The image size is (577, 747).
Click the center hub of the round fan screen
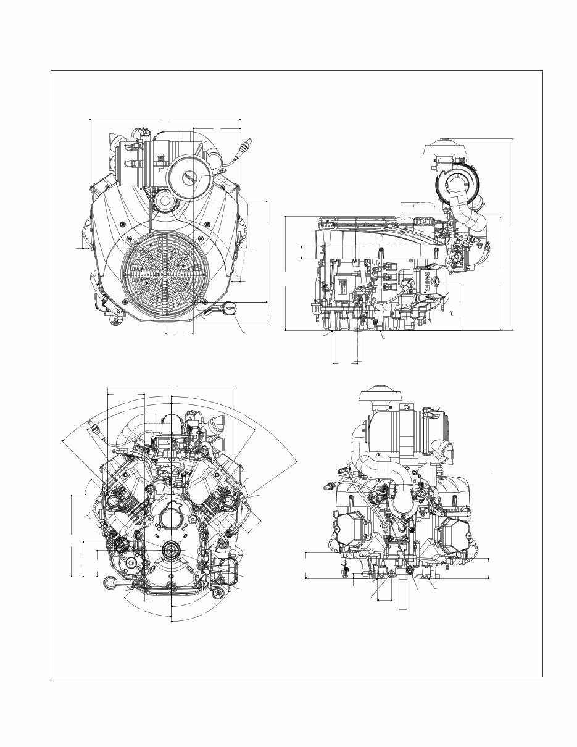[x=165, y=273]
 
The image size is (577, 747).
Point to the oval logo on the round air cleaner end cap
[x=188, y=178]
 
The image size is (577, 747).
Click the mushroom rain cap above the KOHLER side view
[x=446, y=148]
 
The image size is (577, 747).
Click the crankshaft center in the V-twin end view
[x=170, y=550]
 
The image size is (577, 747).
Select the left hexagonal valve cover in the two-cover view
[x=350, y=530]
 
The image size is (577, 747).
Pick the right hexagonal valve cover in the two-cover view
[x=457, y=531]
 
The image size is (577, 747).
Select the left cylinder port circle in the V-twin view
[x=115, y=499]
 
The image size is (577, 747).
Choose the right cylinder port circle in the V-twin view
[x=230, y=499]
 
